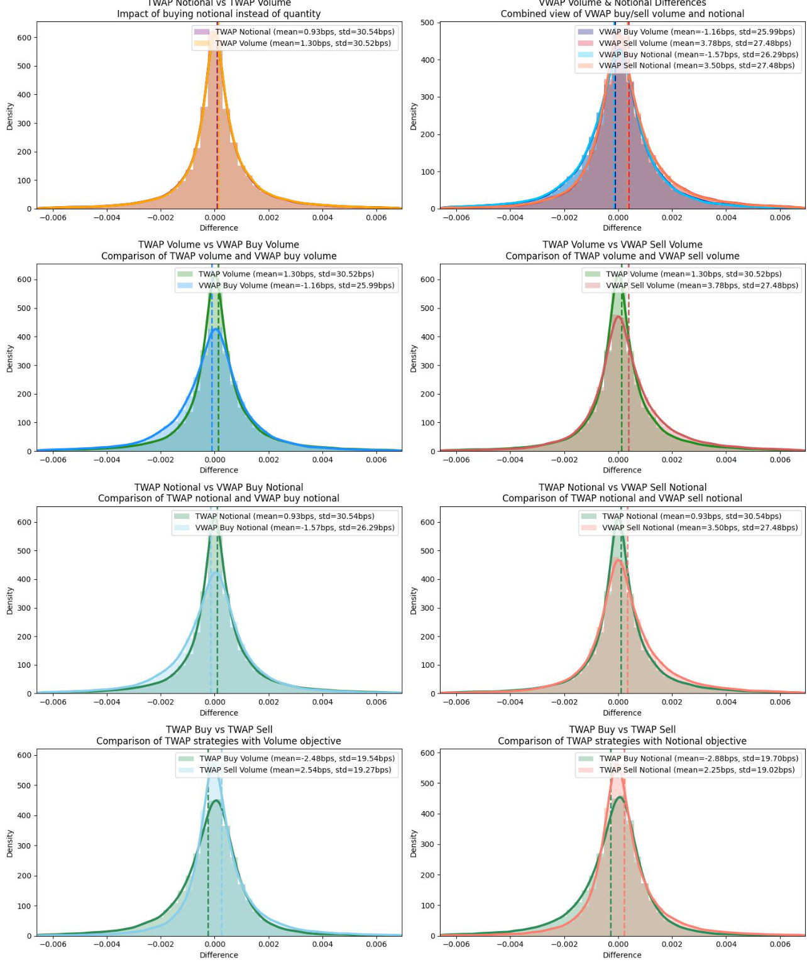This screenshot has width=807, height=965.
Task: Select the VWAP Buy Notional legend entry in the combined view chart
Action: (x=698, y=55)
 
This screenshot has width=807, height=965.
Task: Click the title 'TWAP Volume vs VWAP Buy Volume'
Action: (x=219, y=244)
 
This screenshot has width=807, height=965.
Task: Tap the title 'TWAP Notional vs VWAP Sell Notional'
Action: (x=622, y=487)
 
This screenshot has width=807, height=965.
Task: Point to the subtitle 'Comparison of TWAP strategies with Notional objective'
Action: (x=622, y=741)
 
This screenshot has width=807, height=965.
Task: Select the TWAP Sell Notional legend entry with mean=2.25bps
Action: (x=696, y=770)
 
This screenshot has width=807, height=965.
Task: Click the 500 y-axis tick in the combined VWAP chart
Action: (x=427, y=23)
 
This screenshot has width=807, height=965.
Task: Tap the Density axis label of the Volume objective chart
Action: (x=10, y=843)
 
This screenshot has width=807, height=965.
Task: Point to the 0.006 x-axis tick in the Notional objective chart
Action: (x=780, y=944)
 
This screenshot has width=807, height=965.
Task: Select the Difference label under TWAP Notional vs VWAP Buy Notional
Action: (x=219, y=712)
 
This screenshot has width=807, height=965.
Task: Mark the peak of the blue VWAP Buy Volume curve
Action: (x=216, y=329)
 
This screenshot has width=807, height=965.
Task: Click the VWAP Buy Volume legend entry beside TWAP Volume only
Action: (x=296, y=285)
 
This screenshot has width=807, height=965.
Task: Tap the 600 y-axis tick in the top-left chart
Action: (x=24, y=38)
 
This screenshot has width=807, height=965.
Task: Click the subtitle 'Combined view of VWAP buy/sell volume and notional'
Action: (x=622, y=14)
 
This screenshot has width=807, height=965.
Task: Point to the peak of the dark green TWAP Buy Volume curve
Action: (x=216, y=800)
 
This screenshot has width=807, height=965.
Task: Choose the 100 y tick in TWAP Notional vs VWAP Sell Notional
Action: (x=427, y=665)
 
